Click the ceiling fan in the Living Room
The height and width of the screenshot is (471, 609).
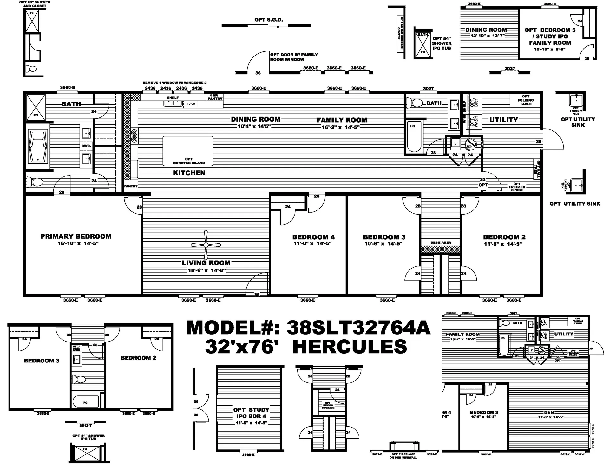(206, 245)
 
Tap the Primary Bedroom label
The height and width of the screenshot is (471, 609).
(76, 236)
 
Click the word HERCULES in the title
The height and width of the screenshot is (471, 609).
(350, 346)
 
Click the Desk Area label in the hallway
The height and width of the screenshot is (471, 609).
(441, 242)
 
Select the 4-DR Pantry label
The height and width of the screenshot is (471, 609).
(215, 97)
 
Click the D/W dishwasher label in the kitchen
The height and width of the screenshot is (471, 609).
(190, 104)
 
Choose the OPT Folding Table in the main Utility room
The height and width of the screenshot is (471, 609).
(526, 100)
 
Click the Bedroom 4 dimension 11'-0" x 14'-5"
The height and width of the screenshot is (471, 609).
(312, 243)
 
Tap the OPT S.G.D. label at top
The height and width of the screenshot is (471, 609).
(268, 20)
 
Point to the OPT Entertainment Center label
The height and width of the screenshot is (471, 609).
(401, 33)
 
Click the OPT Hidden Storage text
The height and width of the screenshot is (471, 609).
(328, 405)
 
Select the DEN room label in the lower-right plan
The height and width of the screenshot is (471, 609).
(549, 412)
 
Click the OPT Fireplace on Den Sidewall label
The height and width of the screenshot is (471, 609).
(403, 456)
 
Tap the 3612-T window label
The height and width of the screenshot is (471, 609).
(85, 425)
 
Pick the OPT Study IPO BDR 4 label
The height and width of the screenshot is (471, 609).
(251, 413)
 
